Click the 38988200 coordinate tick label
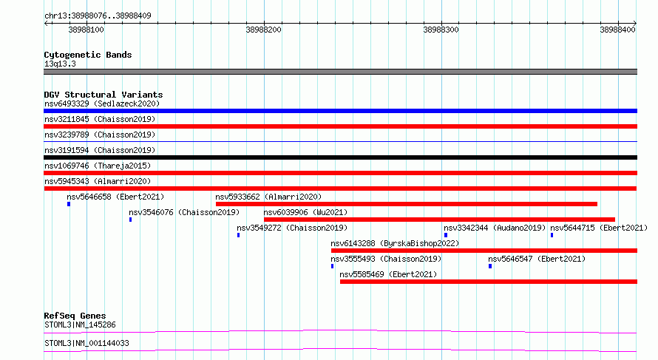(263, 30)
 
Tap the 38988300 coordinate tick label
(441, 30)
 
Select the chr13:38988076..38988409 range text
(98, 16)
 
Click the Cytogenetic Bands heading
(88, 55)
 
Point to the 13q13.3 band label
(60, 64)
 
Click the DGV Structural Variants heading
(104, 95)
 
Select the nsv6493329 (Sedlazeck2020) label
(102, 103)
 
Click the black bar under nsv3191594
(340, 157)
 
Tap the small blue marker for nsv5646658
(69, 204)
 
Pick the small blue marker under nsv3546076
(131, 220)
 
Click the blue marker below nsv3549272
(238, 235)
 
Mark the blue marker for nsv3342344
(446, 235)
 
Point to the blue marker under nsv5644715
(552, 235)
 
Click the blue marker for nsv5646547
(490, 266)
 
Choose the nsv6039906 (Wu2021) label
(305, 212)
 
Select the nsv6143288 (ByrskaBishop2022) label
(395, 243)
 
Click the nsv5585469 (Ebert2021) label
(388, 274)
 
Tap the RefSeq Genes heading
(75, 316)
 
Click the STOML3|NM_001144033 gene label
(87, 343)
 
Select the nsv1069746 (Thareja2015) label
(98, 166)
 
